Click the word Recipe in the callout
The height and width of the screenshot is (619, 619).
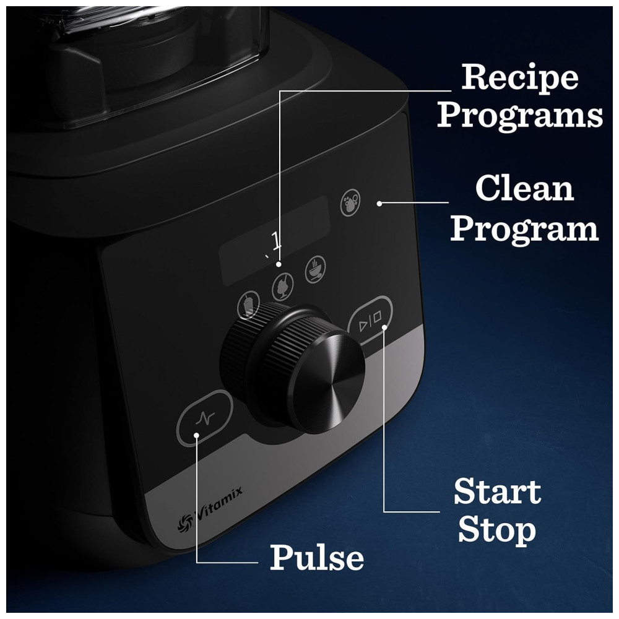click(519, 78)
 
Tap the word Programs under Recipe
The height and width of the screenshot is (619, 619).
click(520, 116)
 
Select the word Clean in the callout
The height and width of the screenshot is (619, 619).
click(524, 189)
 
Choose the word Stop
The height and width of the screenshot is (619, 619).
click(497, 530)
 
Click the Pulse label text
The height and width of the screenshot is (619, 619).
click(316, 557)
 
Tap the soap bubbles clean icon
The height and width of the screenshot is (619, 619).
click(350, 202)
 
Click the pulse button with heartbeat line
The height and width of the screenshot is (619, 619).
click(204, 418)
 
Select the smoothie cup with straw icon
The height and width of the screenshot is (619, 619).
click(248, 305)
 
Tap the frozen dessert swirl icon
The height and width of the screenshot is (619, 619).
click(283, 286)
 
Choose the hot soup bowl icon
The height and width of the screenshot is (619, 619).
click(316, 269)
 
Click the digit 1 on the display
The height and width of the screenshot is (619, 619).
click(276, 240)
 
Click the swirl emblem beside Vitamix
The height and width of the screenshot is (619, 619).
click(184, 524)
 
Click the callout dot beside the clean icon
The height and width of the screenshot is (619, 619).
click(379, 204)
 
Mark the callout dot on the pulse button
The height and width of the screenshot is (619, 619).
click(197, 435)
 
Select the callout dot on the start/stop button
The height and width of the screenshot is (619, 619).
click(384, 327)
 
